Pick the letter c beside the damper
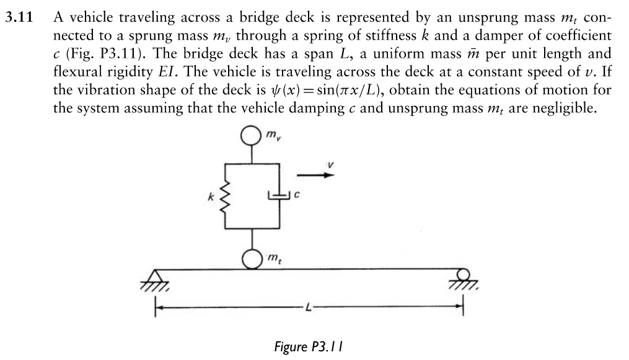[297, 197]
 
